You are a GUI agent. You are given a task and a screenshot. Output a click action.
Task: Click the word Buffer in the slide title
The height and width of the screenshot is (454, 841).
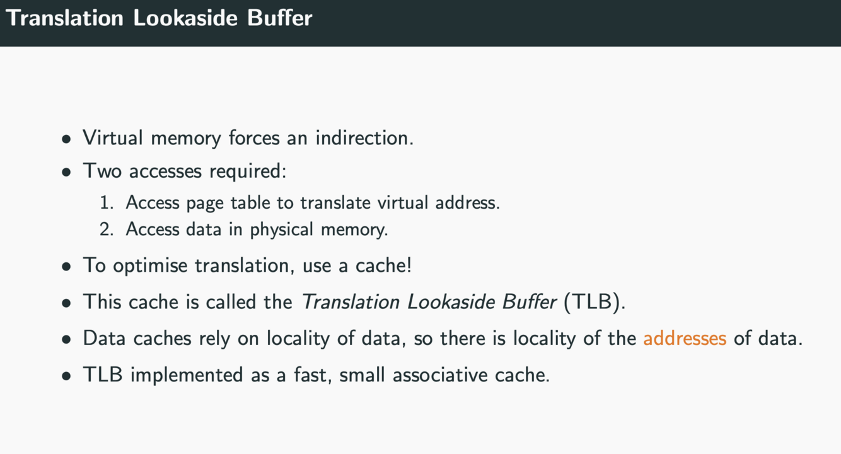[279, 18]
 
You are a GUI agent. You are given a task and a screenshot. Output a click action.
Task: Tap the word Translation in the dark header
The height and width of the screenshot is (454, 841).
[65, 18]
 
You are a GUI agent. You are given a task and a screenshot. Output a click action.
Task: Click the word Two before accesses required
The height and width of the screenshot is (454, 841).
[102, 171]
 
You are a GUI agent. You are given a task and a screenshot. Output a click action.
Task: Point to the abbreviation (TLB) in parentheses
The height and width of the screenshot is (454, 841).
[594, 301]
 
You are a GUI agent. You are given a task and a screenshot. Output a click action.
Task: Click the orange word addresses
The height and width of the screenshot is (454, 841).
[685, 338]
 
